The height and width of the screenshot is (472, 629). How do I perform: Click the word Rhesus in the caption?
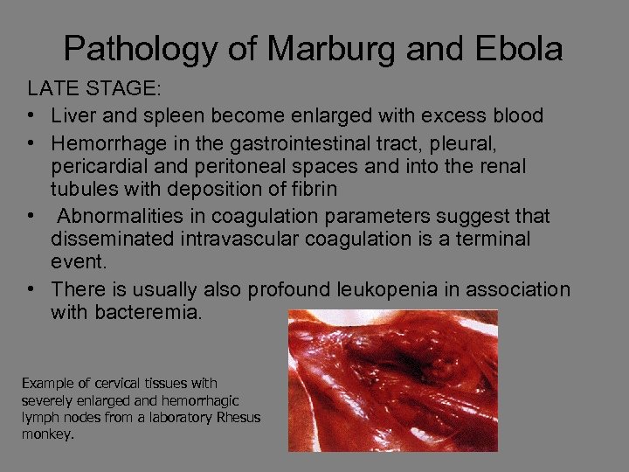[238, 417]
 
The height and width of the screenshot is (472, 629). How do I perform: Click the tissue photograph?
[392, 379]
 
